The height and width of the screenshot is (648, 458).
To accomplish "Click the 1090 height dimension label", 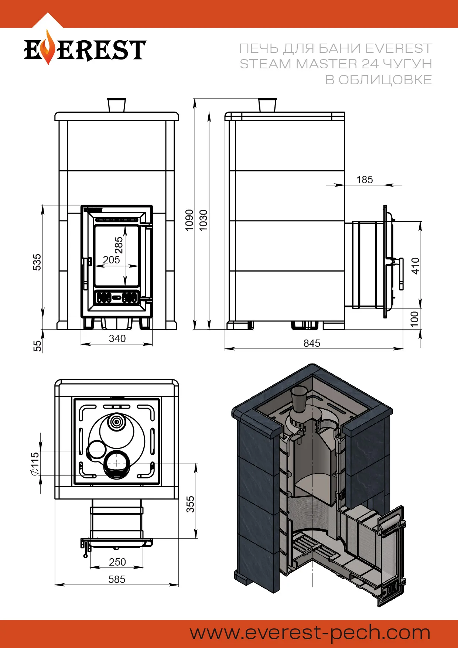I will (x=189, y=220).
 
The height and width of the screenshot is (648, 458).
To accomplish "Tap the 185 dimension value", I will (x=364, y=180).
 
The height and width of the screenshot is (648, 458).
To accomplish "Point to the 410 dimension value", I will (x=416, y=266).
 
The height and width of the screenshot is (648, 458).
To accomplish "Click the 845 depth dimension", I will (x=312, y=343).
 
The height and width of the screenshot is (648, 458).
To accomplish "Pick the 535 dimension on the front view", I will (x=37, y=262).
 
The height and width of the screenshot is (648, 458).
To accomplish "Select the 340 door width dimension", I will (x=117, y=338).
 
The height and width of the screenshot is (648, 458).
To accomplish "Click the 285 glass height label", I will (x=119, y=245).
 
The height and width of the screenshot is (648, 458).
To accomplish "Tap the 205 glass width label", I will (x=111, y=260).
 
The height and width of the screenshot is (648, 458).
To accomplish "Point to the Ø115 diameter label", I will (x=35, y=463).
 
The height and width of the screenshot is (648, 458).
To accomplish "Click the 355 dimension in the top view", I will (x=190, y=504).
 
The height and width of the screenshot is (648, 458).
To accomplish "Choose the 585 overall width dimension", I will (x=117, y=579).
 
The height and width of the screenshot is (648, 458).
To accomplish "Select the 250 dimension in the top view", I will (x=117, y=562).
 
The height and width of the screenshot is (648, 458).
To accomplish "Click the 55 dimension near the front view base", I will (x=37, y=346).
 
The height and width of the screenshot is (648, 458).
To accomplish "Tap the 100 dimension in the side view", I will (x=415, y=319).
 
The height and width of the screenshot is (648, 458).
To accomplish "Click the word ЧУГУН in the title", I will (x=407, y=64).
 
